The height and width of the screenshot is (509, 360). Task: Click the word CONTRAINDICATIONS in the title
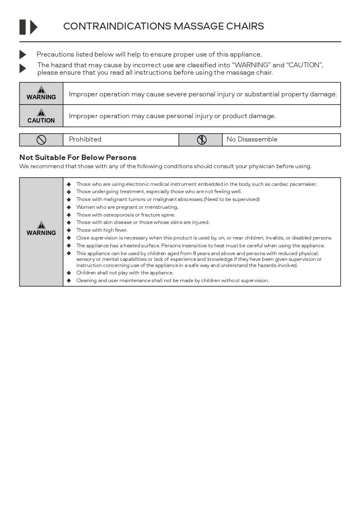coord(117,27)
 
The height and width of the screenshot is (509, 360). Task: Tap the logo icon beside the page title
coord(28,27)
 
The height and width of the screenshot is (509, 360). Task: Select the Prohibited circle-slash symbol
coord(41,140)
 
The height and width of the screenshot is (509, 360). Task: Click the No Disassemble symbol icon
coord(202,140)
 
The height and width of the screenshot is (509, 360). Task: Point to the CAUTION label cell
coord(41,116)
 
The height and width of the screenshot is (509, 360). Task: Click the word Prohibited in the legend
coord(85,139)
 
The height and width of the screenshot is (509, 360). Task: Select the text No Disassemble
coord(252,139)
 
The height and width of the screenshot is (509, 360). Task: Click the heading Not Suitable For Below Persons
coord(78,157)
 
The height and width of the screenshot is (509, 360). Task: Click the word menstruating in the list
coord(163,207)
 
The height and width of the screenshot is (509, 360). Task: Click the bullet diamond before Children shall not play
coord(69,273)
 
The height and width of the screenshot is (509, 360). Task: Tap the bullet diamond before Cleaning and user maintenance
coord(69,281)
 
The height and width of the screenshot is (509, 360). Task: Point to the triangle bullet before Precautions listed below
coord(23,55)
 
